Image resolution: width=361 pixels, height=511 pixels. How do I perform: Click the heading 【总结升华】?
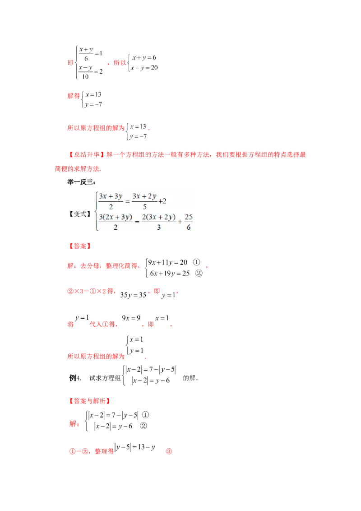[86, 154]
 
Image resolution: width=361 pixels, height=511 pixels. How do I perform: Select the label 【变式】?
[80, 214]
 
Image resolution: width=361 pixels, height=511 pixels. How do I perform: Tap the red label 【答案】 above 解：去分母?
[80, 246]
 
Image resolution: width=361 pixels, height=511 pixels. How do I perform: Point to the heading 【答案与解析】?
[90, 401]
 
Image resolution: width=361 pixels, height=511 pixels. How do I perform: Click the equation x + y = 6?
[144, 58]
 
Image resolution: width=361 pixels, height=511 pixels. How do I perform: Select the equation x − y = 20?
[144, 68]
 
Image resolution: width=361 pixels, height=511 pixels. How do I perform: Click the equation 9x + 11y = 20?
[167, 262]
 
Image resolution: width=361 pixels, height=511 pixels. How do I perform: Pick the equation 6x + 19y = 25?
[169, 274]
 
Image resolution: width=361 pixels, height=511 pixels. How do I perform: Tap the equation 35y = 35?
[133, 295]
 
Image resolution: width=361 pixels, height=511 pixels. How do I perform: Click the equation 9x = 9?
[131, 318]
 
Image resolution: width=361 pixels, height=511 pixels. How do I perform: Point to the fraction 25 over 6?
[189, 222]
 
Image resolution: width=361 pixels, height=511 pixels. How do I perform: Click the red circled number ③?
[169, 451]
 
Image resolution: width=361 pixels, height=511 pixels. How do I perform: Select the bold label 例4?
[74, 378]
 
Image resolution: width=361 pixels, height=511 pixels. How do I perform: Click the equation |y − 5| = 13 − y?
[134, 447]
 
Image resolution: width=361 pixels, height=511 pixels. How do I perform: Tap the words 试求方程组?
[105, 378]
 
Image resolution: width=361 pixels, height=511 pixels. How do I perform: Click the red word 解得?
[74, 96]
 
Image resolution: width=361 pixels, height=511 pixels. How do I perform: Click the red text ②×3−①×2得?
[91, 291]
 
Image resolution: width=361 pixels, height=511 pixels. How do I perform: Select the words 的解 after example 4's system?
[189, 378]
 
